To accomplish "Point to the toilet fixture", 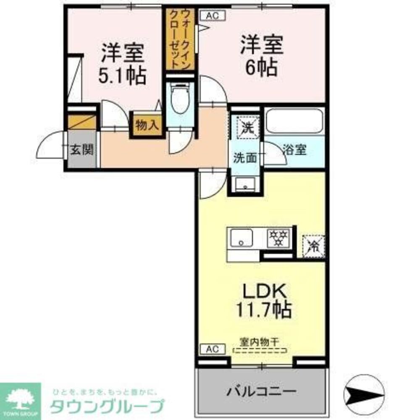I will tap(180, 99).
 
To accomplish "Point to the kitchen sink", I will tap(241, 238).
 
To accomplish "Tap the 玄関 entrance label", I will tap(81, 150).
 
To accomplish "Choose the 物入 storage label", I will tap(147, 125).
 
